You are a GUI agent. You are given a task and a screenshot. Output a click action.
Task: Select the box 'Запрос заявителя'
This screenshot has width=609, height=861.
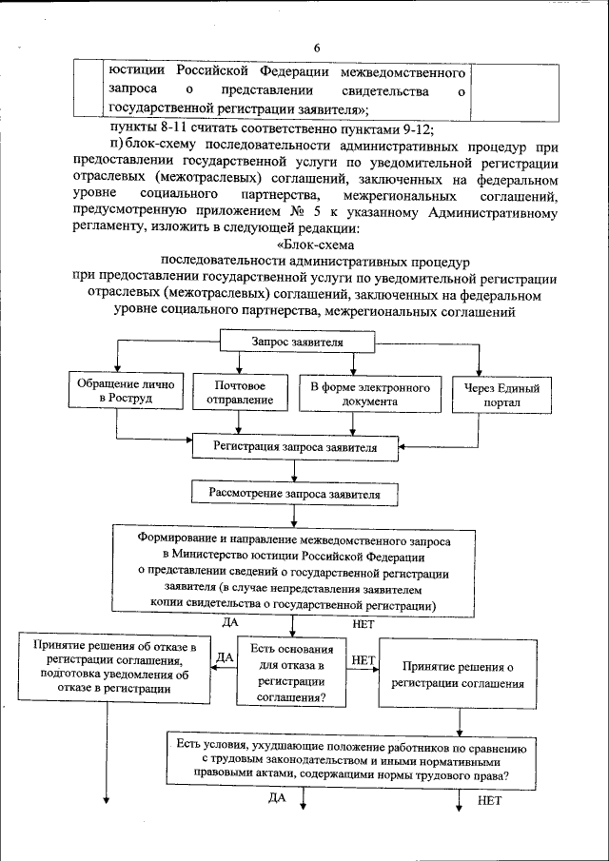point(297,342)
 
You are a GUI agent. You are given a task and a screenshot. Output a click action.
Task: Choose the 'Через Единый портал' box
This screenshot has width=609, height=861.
point(501,395)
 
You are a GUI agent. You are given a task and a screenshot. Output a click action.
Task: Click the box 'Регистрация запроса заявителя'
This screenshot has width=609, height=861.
point(295,446)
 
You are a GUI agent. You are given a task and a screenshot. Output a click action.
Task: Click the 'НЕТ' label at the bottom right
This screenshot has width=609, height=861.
point(489,801)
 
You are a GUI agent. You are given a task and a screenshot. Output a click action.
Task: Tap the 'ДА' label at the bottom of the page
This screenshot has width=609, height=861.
point(277,797)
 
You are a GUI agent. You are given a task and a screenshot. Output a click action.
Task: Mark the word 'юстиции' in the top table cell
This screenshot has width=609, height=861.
point(134,72)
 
